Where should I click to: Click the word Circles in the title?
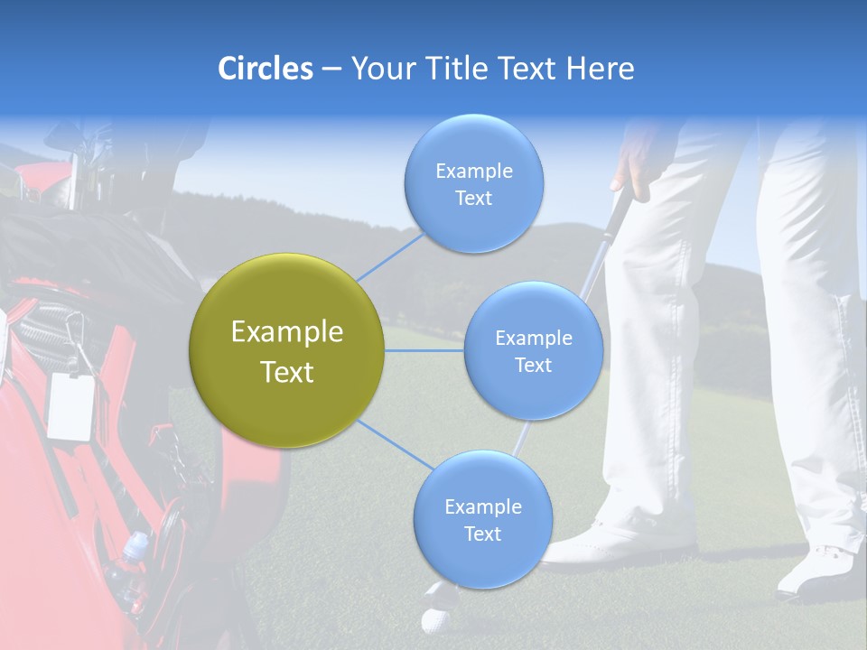(x=266, y=69)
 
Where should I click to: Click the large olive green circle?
(x=287, y=350)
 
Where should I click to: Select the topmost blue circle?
(x=473, y=183)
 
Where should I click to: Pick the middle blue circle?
(x=533, y=350)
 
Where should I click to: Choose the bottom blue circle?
(x=482, y=520)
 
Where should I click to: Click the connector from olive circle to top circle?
(x=391, y=256)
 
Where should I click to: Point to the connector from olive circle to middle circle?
(x=424, y=350)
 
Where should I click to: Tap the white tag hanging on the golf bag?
(x=71, y=405)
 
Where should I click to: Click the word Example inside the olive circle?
(x=287, y=332)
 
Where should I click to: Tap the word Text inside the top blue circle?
(x=473, y=198)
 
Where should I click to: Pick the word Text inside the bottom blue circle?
(x=482, y=534)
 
